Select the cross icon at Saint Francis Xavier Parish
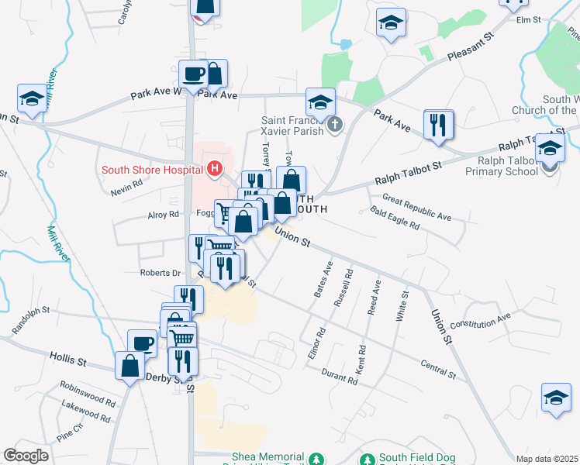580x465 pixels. (x=335, y=124)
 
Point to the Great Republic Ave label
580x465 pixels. (x=416, y=208)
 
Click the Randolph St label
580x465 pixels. (x=30, y=320)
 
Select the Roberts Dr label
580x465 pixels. (x=160, y=273)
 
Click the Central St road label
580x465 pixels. (x=438, y=368)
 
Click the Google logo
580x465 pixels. (x=26, y=456)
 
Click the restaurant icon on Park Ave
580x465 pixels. (x=438, y=124)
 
